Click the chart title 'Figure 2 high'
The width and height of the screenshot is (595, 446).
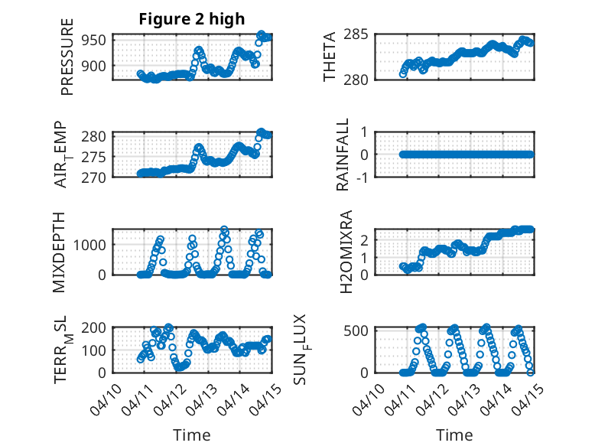(x=192, y=19)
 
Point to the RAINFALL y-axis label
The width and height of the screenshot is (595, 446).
(x=343, y=155)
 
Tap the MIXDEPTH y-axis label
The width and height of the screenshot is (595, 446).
(x=59, y=252)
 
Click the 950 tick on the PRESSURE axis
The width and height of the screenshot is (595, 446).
(x=97, y=40)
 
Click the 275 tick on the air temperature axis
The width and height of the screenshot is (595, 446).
(x=97, y=157)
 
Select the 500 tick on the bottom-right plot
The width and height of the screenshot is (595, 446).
(x=360, y=330)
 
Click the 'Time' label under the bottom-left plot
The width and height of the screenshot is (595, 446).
(x=192, y=435)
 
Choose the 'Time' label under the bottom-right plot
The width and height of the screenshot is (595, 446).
(x=454, y=435)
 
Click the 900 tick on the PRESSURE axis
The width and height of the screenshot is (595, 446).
(x=97, y=66)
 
